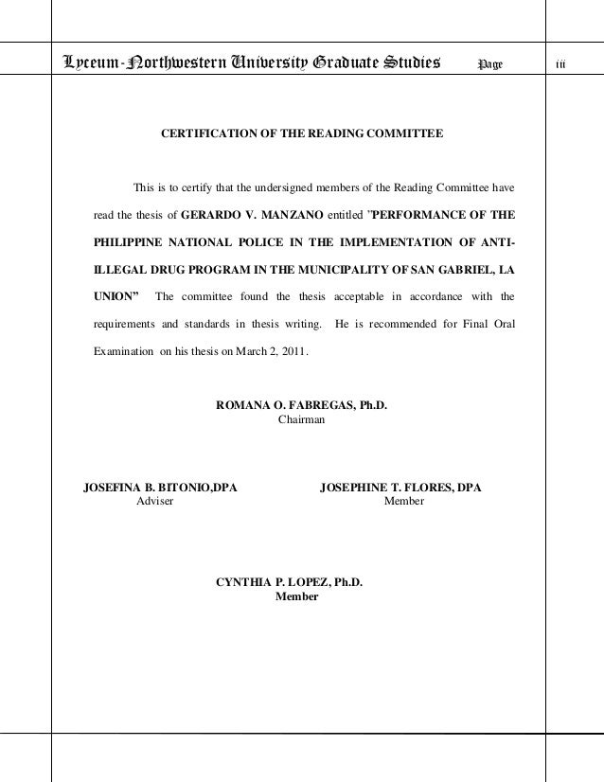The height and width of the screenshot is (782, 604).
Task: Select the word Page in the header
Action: click(490, 63)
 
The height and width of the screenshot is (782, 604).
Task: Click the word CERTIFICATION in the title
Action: click(208, 135)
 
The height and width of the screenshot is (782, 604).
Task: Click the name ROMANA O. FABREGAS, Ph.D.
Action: click(302, 406)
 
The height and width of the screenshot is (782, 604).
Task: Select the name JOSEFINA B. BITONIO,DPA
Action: click(161, 488)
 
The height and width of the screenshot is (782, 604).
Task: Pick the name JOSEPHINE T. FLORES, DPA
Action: click(401, 488)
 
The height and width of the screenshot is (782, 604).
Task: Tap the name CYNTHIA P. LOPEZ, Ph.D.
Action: click(290, 582)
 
